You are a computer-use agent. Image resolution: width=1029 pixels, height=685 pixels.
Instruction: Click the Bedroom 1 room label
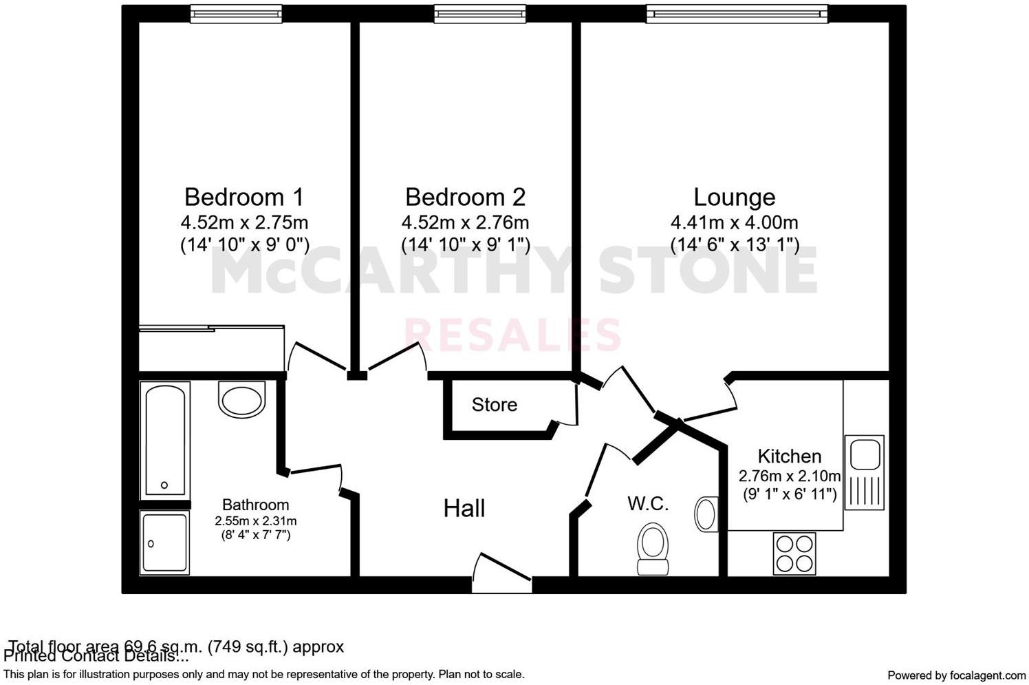(x=243, y=198)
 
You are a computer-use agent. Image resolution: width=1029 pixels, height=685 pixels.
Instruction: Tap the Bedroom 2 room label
(x=465, y=198)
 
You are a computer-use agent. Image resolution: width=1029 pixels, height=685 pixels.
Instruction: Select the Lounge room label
(x=734, y=198)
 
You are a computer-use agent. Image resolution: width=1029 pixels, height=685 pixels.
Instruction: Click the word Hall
(x=464, y=509)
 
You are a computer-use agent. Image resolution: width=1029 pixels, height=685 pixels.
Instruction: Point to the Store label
(x=494, y=405)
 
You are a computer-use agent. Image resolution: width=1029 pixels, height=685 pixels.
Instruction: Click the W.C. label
(x=648, y=504)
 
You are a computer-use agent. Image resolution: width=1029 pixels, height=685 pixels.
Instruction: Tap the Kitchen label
(x=789, y=456)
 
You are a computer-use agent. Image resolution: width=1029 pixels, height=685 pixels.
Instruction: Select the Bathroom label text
(x=255, y=505)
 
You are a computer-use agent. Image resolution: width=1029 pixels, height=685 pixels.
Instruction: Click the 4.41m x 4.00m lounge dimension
(x=734, y=223)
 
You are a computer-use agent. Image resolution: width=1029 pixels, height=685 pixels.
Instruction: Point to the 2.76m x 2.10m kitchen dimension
(x=789, y=476)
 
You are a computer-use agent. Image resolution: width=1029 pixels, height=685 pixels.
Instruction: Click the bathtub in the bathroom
(x=165, y=439)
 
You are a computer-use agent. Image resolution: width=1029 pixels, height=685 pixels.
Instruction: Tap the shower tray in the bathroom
(x=164, y=542)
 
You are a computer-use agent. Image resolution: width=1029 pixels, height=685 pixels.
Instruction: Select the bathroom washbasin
(x=241, y=399)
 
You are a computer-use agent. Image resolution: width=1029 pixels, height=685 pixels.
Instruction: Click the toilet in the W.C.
(x=652, y=548)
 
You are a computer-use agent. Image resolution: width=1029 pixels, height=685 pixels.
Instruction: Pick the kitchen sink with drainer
(x=865, y=472)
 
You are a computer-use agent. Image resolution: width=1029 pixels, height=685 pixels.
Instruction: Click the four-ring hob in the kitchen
(x=794, y=554)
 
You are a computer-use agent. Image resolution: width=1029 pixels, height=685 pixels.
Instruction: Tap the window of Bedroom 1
(x=236, y=13)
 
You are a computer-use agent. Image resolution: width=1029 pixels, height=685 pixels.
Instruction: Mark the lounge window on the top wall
(x=737, y=13)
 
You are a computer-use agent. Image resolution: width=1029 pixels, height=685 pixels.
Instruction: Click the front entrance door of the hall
(x=503, y=575)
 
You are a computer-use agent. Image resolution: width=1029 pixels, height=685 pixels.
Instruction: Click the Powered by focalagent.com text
(x=956, y=675)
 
